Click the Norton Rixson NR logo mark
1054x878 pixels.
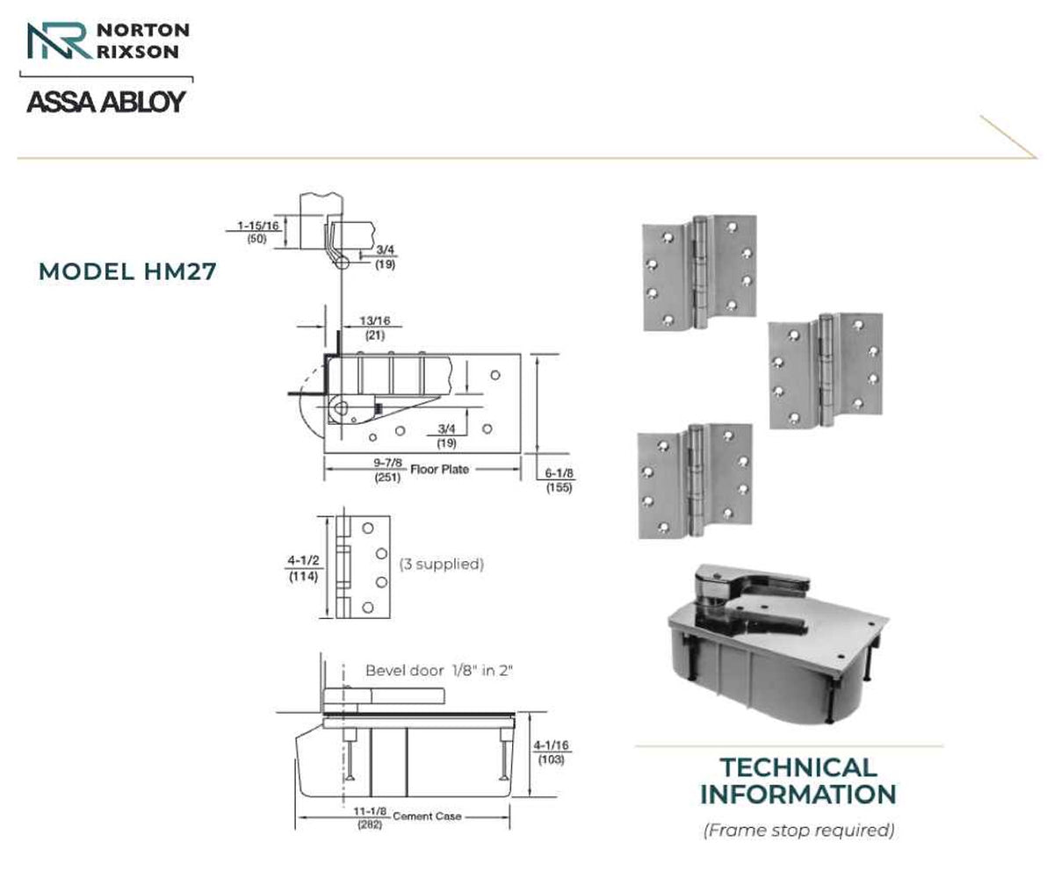pos(60,40)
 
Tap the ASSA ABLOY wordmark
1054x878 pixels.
pos(106,102)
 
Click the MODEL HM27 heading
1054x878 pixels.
pos(127,271)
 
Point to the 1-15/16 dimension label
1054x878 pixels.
pos(258,226)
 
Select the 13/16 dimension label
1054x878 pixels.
pos(374,320)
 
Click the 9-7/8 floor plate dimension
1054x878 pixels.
pos(387,463)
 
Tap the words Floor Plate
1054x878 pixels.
pos(440,469)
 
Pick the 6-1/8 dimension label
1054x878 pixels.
pos(559,473)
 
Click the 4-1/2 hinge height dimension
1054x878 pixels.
pos(303,560)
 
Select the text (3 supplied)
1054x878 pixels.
pos(442,565)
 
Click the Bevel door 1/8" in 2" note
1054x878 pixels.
pos(439,671)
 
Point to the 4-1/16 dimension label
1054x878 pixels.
pos(552,745)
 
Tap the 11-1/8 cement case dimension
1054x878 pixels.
pos(370,811)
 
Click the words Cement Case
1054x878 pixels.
pos(427,817)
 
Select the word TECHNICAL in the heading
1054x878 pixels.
pos(798,767)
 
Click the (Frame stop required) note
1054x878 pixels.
pos(798,830)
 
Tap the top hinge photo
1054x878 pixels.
pos(700,273)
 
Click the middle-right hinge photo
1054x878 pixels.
pos(826,371)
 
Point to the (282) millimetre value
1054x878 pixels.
pos(370,824)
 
